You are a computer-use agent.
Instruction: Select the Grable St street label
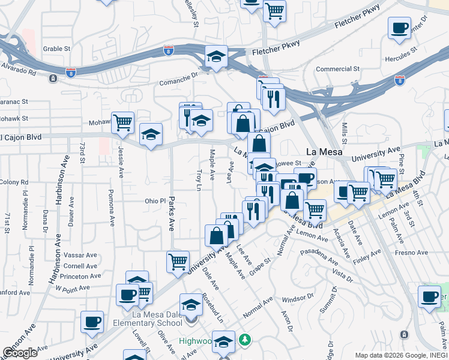point(57,49)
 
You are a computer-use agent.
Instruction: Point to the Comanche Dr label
point(178,79)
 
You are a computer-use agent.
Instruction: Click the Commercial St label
point(338,69)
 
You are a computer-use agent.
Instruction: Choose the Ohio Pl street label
point(154,200)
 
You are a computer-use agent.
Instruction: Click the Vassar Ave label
point(80,255)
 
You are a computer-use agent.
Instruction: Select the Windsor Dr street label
point(298,298)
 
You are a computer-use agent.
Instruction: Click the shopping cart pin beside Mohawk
point(122,122)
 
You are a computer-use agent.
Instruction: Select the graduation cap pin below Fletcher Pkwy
point(216,57)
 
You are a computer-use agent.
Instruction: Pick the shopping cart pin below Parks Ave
point(178,262)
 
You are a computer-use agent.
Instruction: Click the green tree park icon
point(244,341)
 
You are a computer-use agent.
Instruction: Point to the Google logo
point(20,353)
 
